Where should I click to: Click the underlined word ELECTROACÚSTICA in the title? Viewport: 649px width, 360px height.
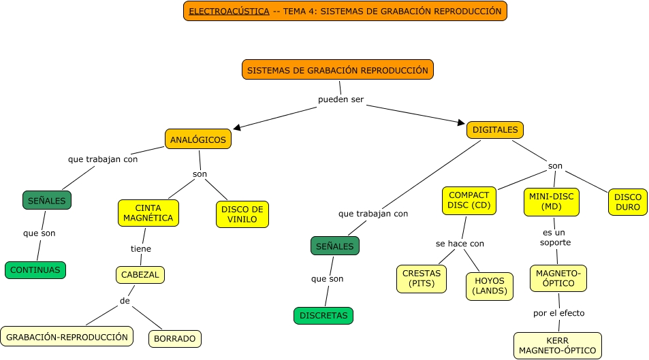click(229, 12)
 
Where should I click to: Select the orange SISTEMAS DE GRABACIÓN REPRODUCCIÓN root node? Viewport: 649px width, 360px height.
click(337, 70)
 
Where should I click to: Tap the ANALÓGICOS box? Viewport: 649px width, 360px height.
click(198, 139)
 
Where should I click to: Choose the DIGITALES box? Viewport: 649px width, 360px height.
click(494, 129)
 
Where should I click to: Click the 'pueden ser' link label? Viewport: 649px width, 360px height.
click(341, 99)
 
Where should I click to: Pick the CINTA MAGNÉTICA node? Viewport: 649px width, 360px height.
click(148, 213)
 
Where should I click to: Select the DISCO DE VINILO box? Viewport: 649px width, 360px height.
click(242, 214)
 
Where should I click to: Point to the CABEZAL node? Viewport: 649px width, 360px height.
click(140, 275)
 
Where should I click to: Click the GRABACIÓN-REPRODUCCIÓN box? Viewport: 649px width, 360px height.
click(67, 337)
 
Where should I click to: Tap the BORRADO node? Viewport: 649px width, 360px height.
click(174, 338)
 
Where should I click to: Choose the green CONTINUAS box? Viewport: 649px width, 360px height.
click(35, 270)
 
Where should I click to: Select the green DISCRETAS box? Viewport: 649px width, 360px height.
click(323, 316)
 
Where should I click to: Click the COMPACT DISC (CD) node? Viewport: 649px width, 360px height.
click(469, 201)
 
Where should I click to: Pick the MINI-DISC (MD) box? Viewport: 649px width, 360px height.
click(551, 201)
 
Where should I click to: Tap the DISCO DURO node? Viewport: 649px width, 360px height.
click(627, 202)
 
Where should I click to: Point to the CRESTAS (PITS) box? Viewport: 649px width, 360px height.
click(422, 278)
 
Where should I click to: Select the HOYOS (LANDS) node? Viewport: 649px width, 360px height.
click(489, 286)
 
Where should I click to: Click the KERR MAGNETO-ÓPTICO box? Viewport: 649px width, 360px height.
click(557, 346)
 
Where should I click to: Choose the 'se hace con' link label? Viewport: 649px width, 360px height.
click(460, 244)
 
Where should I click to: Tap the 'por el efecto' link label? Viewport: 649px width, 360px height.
click(558, 314)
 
